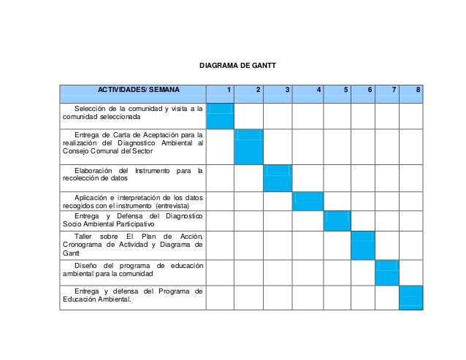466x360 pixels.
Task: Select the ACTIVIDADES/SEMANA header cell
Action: coord(134,90)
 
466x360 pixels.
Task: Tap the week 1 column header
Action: coord(229,90)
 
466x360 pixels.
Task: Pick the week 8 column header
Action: coord(417,90)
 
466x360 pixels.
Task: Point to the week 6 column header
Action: coord(370,90)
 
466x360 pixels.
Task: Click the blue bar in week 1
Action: coord(221,115)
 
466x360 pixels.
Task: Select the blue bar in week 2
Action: coord(248,147)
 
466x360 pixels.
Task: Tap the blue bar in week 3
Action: coord(278,178)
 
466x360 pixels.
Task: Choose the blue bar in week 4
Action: coord(308,201)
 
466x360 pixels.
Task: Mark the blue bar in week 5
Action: coord(337,221)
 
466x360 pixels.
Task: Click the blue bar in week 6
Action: coord(363,245)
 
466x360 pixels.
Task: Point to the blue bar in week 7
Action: coord(387,273)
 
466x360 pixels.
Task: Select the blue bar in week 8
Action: coord(411,298)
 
